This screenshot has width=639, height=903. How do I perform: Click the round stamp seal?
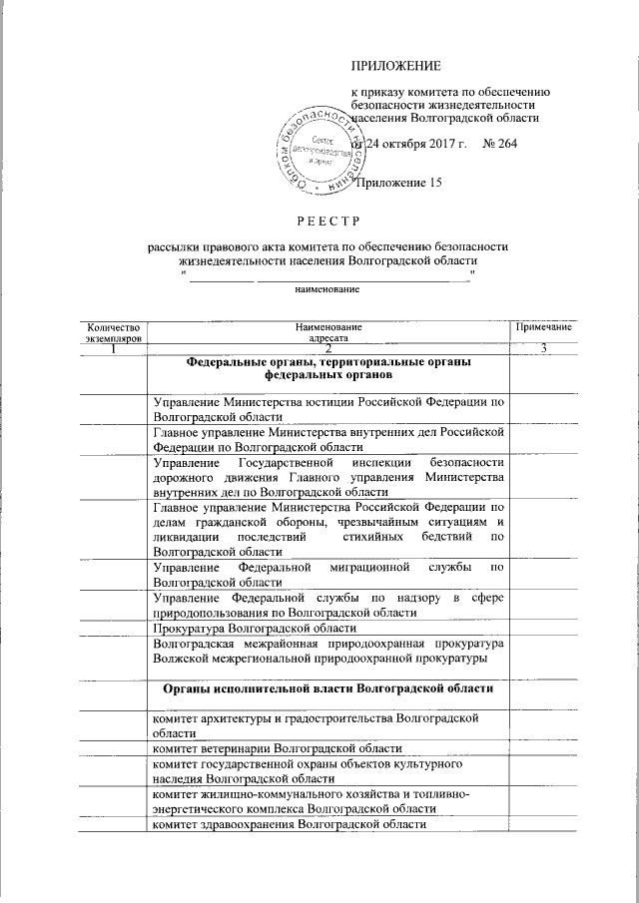[x=318, y=150]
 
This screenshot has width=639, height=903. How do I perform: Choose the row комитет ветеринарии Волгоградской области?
[x=278, y=747]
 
